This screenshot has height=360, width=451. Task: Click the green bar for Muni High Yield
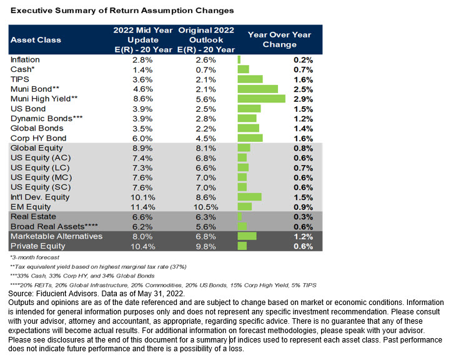(262, 99)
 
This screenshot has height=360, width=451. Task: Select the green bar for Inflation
(239, 60)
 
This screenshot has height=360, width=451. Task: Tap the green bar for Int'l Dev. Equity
(250, 197)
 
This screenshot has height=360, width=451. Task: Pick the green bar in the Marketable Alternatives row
(247, 236)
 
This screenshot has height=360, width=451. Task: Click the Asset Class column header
(36, 40)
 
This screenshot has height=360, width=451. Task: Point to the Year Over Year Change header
(279, 40)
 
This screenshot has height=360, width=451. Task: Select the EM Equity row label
(31, 207)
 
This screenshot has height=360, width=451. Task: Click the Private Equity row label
(37, 246)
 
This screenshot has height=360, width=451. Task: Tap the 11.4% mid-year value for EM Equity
(142, 207)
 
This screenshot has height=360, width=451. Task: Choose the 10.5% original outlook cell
(206, 207)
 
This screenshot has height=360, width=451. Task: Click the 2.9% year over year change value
(303, 99)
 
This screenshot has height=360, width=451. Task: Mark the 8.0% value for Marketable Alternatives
(142, 236)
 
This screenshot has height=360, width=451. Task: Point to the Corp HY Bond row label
(38, 138)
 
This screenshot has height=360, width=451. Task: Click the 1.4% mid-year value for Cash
(142, 69)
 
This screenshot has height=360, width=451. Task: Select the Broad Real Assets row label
(54, 227)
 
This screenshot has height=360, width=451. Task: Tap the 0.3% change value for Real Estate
(303, 217)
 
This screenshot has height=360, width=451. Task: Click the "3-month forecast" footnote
(35, 257)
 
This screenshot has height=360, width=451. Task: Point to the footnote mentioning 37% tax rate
(98, 267)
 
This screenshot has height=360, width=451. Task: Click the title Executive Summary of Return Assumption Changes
(122, 11)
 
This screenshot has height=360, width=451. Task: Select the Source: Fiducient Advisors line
(96, 294)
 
